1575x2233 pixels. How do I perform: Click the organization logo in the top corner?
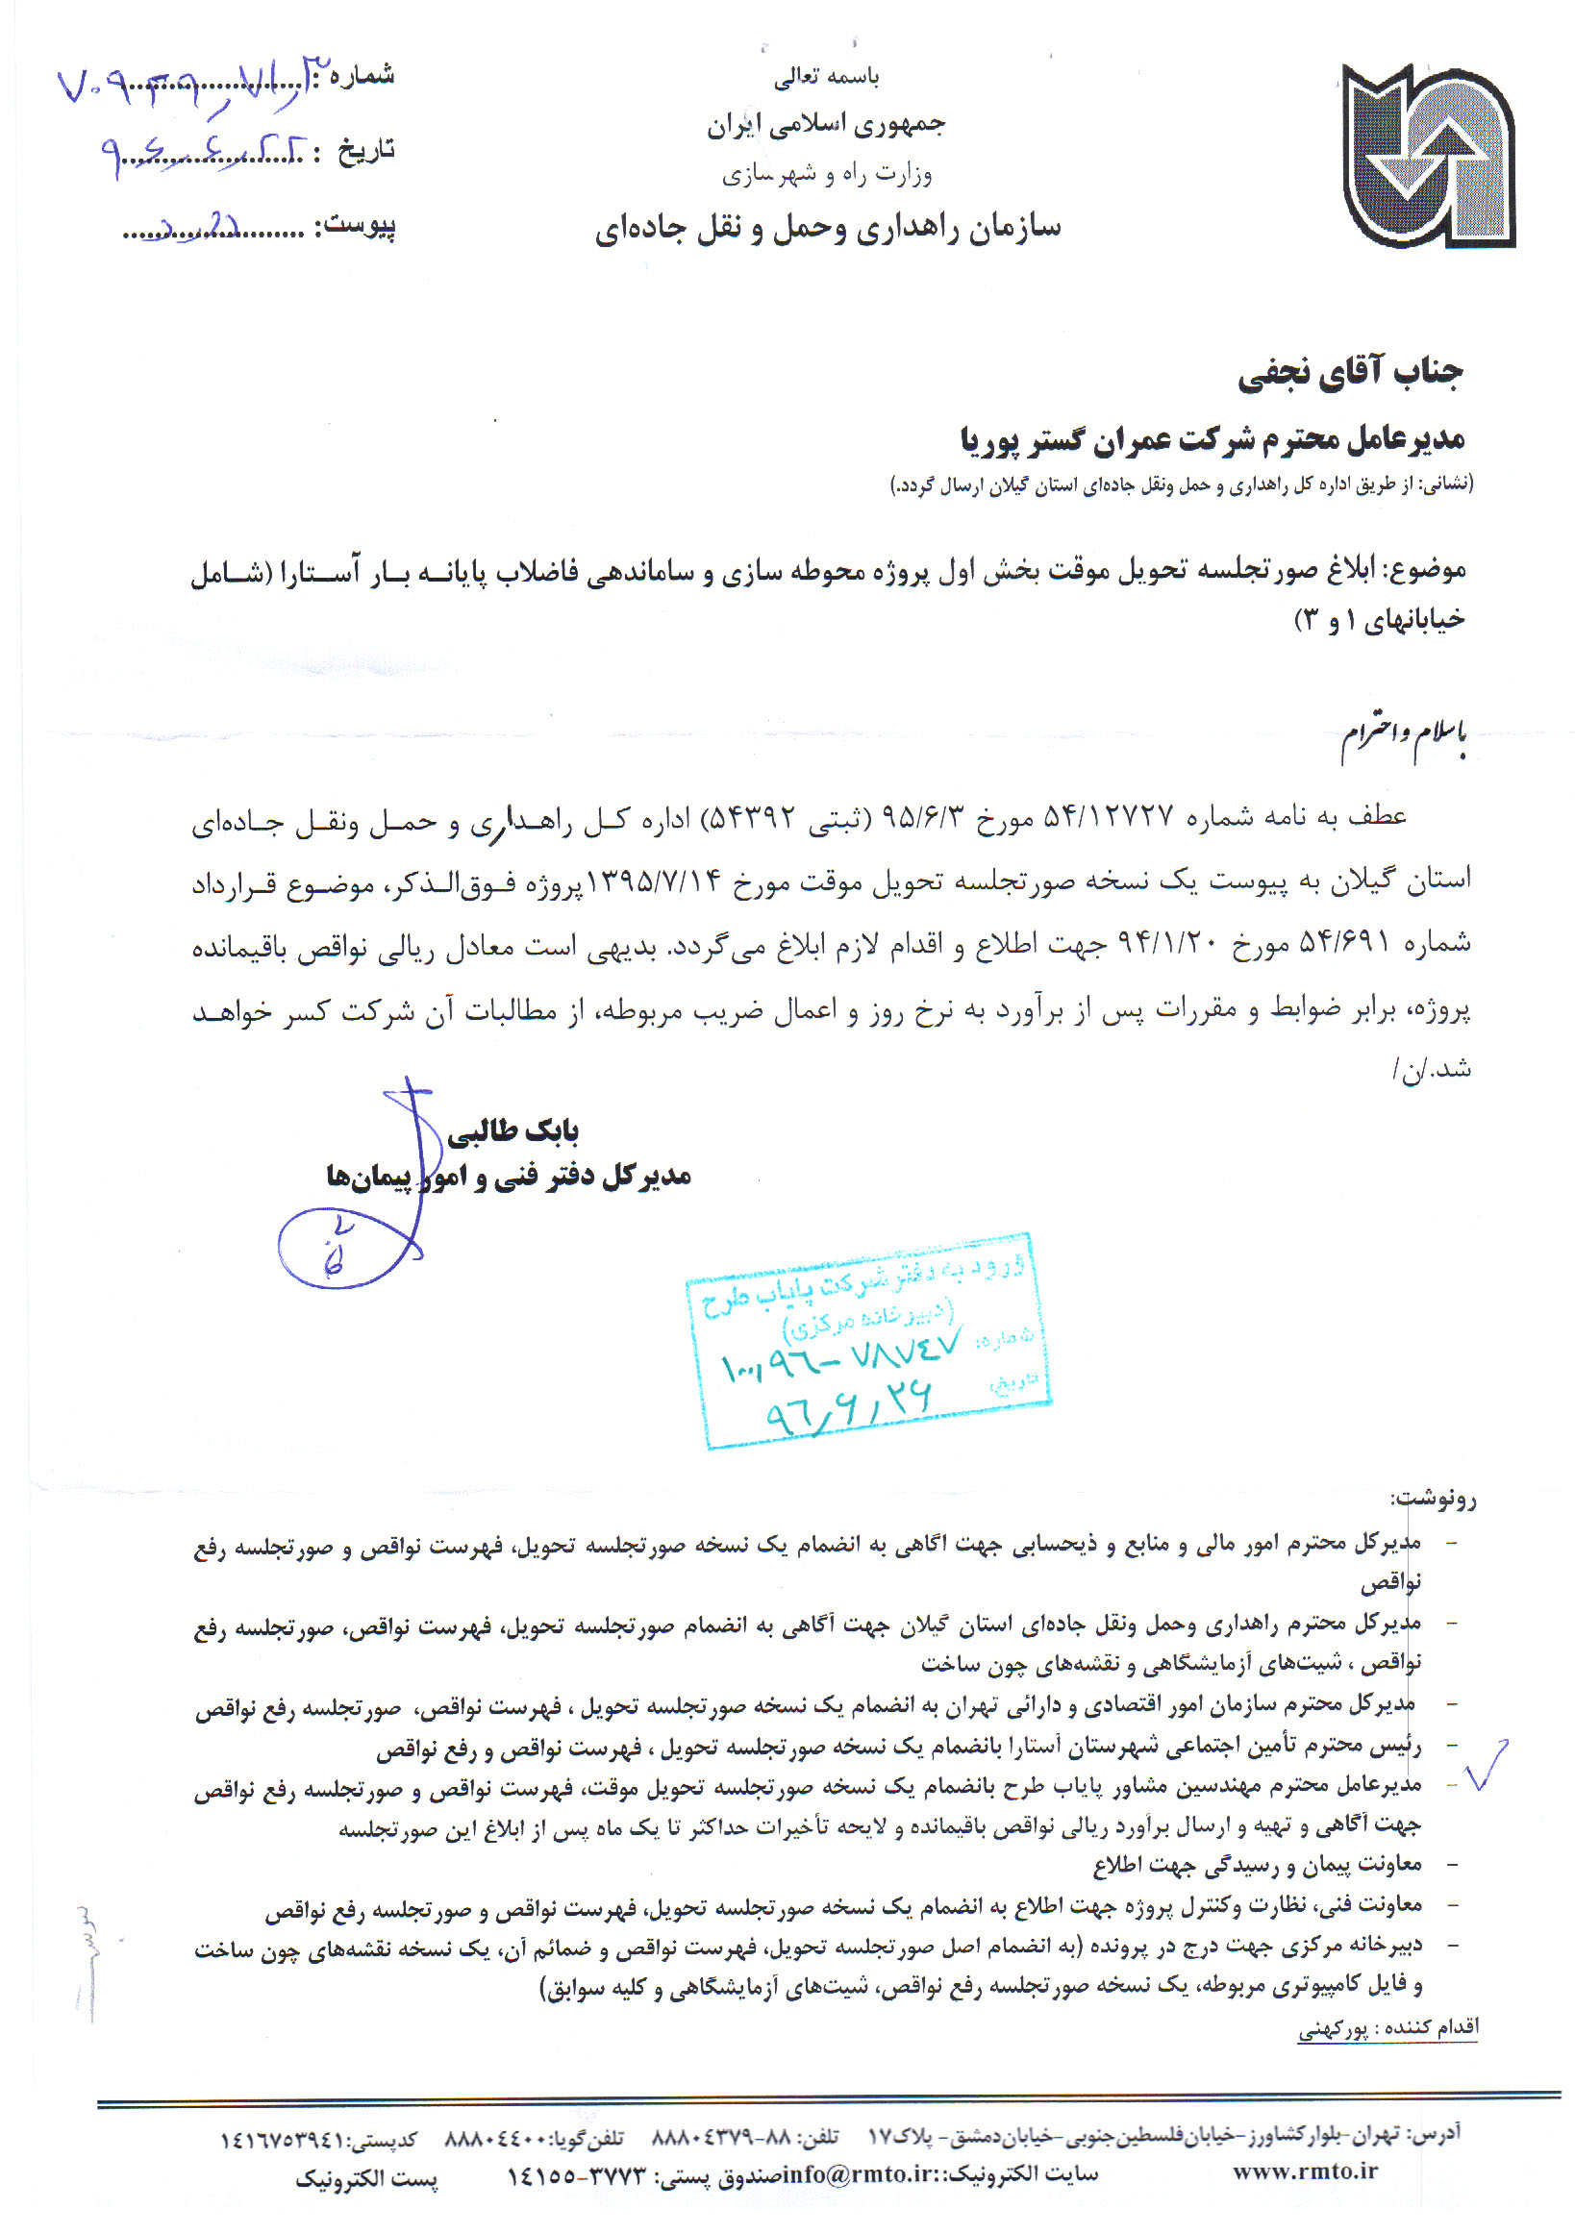1427,156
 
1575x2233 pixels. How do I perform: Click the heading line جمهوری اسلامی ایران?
826,125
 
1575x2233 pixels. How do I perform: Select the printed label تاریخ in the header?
366,151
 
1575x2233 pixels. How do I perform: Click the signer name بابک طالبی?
512,1130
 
